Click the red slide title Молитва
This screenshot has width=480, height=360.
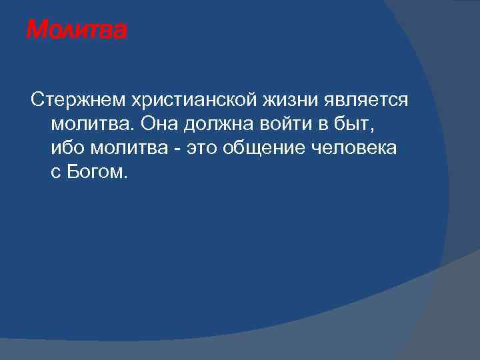pyautogui.click(x=75, y=30)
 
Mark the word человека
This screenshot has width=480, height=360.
pyautogui.click(x=355, y=148)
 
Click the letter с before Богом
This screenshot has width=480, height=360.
pyautogui.click(x=55, y=172)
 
